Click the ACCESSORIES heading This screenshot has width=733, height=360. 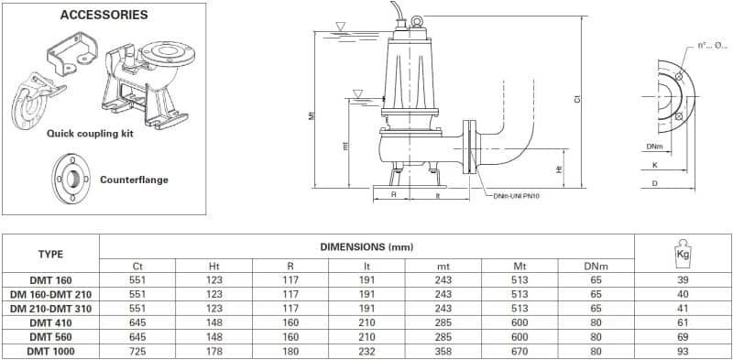point(104,15)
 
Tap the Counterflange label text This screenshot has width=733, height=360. point(134,180)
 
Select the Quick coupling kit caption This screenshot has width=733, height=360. point(90,134)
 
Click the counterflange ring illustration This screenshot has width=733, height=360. point(71,178)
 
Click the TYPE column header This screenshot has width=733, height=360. point(50,255)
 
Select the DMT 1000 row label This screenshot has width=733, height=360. point(51,351)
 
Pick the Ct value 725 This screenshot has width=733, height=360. point(138,351)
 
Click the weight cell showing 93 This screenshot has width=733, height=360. point(683,351)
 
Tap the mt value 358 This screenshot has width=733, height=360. point(443,351)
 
